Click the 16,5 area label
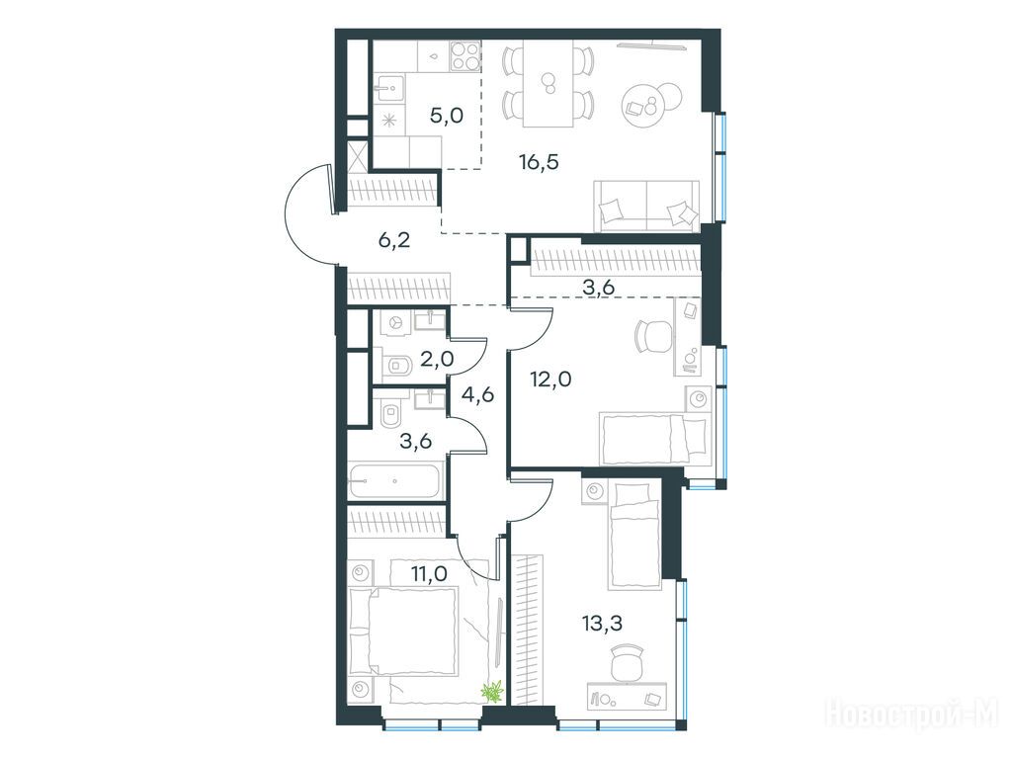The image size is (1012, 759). tap(539, 162)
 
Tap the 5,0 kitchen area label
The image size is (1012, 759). tap(447, 117)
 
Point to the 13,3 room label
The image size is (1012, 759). tap(602, 625)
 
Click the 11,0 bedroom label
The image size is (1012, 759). tap(429, 572)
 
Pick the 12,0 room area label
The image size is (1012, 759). tap(550, 379)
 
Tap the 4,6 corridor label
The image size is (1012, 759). tap(478, 393)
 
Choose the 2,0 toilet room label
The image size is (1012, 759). tap(437, 359)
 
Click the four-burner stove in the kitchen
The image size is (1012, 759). tap(465, 55)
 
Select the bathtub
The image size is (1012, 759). tap(394, 480)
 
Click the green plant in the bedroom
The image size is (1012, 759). tap(494, 691)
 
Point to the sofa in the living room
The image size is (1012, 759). tap(646, 206)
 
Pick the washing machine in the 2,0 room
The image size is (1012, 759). tap(395, 323)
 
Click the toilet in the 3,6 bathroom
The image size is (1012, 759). tap(391, 414)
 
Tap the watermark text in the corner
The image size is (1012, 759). tap(912, 713)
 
